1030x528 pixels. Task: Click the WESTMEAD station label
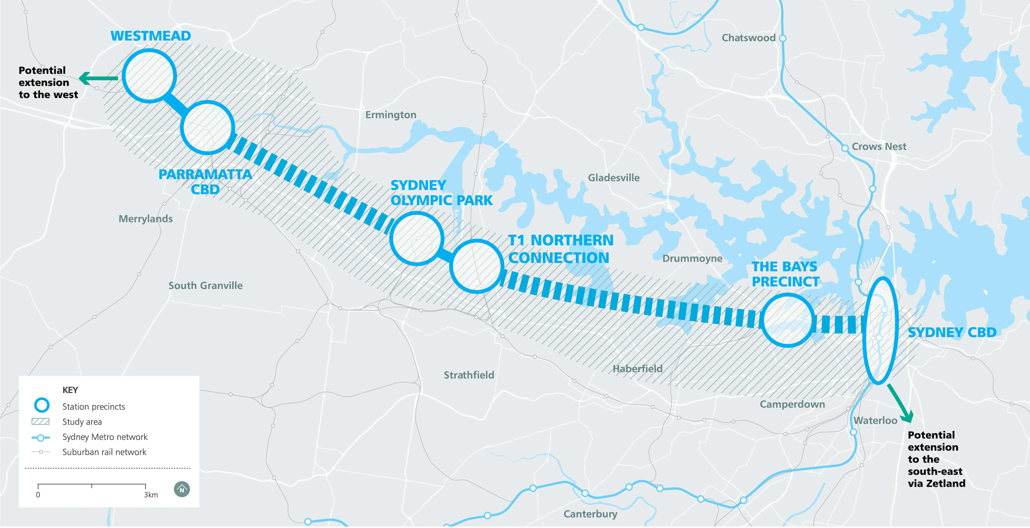150,36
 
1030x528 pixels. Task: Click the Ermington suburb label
391,115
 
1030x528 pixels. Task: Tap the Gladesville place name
613,178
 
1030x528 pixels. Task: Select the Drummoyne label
692,259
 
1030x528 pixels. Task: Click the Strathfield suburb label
469,375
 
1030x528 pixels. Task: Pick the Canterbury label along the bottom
590,514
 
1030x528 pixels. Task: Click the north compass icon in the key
182,489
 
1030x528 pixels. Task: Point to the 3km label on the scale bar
151,495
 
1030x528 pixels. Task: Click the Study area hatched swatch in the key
40,422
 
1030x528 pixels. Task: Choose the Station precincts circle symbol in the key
41,405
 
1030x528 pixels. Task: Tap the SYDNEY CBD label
952,333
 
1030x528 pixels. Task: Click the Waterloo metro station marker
853,432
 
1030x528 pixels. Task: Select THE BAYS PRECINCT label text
785,274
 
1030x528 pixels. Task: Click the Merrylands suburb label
146,219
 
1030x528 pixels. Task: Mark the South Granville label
205,286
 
